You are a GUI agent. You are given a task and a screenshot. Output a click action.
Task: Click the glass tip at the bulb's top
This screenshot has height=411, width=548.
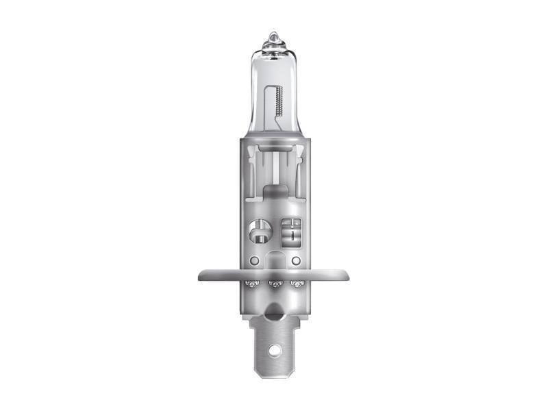point(274,37)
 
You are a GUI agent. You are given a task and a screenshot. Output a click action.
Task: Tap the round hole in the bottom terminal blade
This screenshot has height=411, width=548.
point(274,350)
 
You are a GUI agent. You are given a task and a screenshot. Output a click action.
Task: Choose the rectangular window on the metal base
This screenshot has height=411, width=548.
point(290,231)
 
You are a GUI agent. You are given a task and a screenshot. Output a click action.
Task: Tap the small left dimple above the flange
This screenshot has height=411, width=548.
point(253,261)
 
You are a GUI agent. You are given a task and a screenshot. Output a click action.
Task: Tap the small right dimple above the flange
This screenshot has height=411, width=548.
point(295,261)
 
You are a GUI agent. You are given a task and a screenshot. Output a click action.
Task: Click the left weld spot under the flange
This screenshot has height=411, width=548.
point(251,283)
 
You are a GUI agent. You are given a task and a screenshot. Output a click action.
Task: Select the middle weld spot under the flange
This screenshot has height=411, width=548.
point(274,284)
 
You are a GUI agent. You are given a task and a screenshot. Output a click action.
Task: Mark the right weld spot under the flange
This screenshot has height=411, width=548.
point(297,283)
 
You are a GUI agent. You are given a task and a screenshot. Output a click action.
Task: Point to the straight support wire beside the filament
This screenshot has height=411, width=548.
point(268,103)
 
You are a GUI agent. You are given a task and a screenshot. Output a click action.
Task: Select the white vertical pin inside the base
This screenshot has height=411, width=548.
point(275,168)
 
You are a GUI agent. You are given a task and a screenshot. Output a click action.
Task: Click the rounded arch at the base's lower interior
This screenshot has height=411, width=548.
point(274,258)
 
